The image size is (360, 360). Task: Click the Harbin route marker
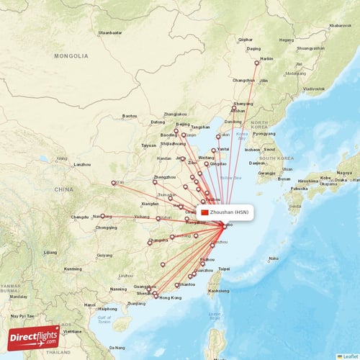click(257, 63)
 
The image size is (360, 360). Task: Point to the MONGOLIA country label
click(75, 55)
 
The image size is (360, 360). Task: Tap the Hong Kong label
click(170, 298)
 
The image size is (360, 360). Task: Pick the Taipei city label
click(223, 269)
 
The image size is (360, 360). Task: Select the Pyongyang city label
click(264, 133)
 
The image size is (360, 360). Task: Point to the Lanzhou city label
click(82, 164)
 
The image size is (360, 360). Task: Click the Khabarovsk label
click(339, 26)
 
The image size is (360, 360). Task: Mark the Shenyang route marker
click(233, 108)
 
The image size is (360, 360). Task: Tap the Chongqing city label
click(105, 228)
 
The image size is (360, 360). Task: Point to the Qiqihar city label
click(246, 39)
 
